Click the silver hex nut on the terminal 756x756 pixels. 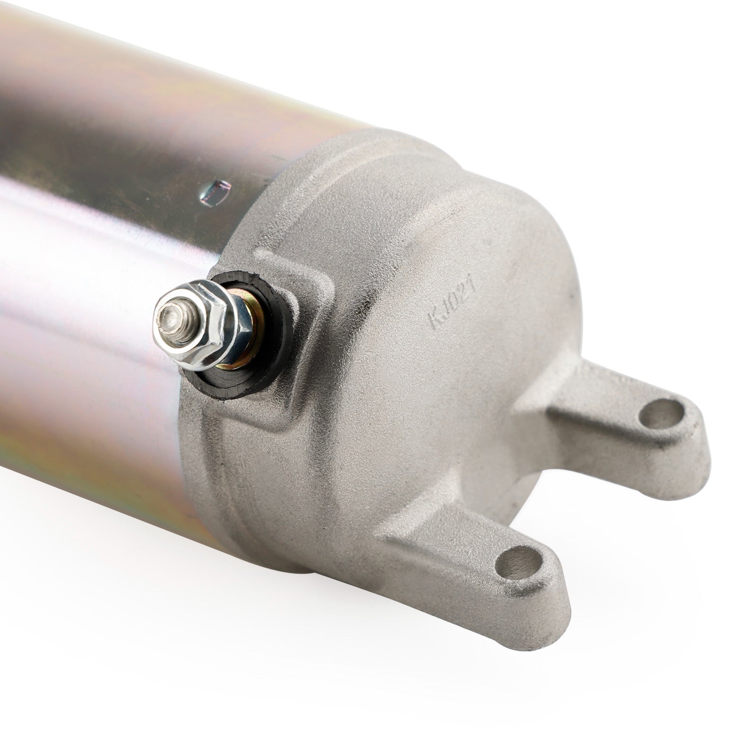(198, 326)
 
